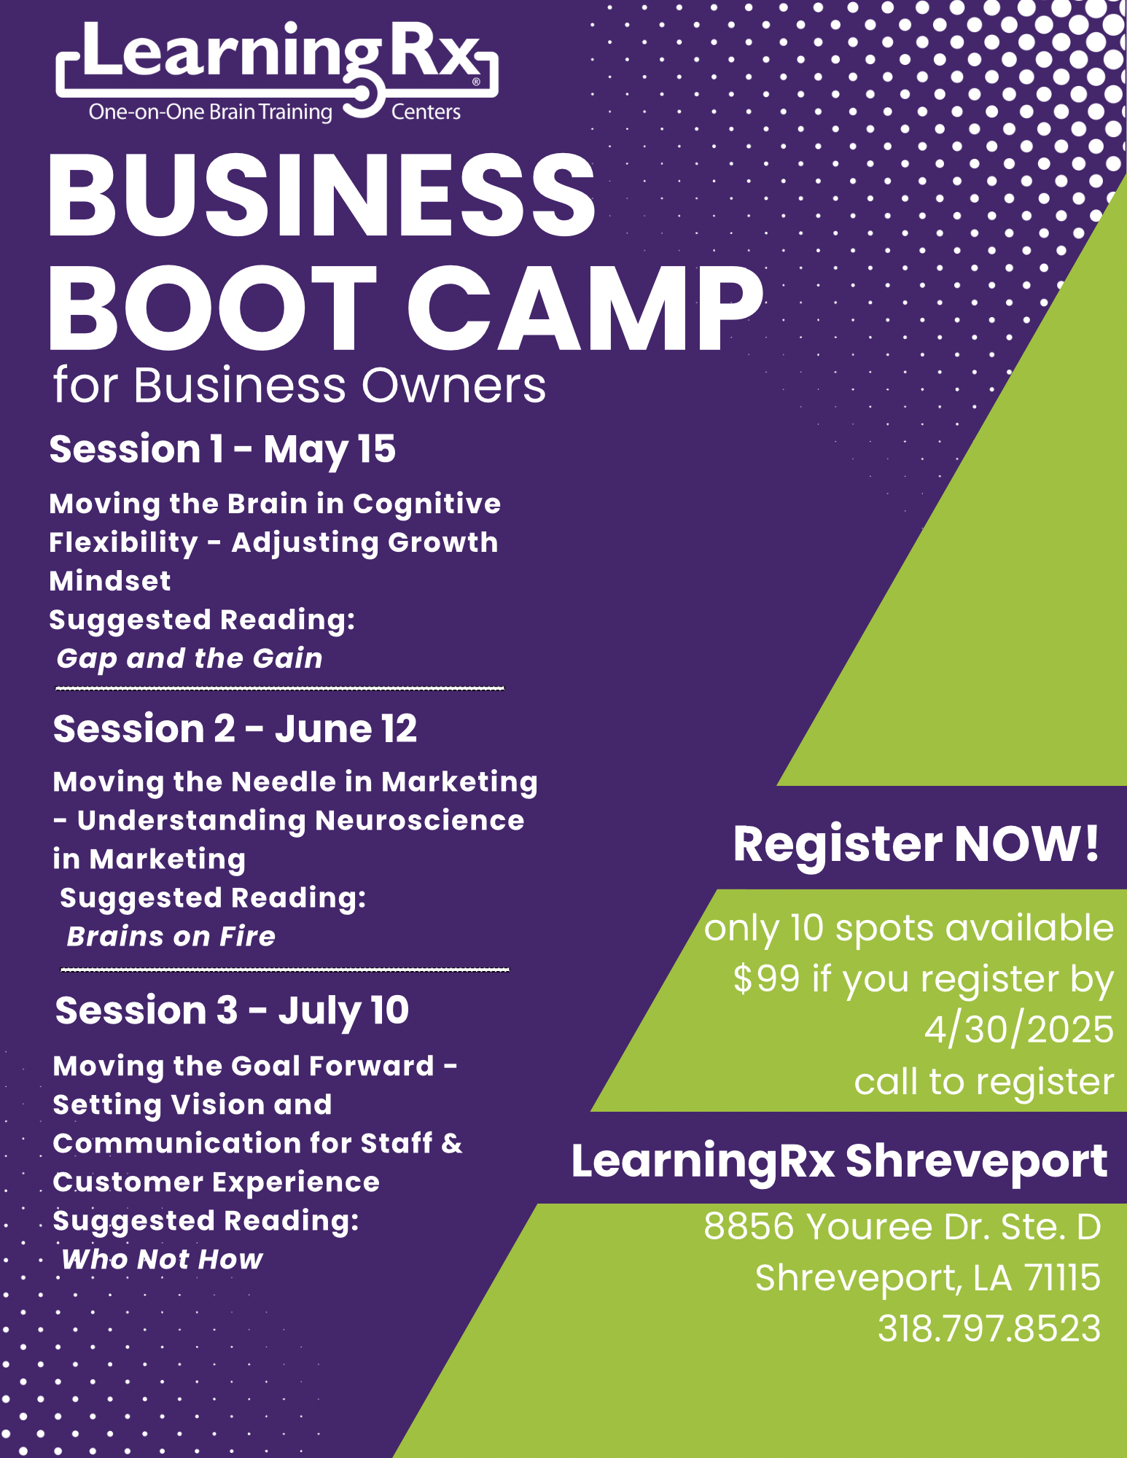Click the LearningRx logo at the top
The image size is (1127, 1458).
277,71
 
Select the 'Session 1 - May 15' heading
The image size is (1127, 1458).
222,449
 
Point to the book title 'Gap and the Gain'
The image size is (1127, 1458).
190,659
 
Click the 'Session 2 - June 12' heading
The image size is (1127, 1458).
235,728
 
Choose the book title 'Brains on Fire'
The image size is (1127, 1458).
171,937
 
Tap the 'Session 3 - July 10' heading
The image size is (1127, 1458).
232,1010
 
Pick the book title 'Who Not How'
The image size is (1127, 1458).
162,1260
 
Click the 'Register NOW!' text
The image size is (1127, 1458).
916,844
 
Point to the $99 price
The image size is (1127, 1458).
767,978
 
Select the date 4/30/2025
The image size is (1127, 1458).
1019,1029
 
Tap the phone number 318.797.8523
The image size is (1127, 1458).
989,1328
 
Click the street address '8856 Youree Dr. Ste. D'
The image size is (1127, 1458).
902,1226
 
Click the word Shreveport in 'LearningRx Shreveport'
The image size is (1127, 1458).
977,1162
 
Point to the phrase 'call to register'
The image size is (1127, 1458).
984,1082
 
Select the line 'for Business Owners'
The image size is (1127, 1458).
300,385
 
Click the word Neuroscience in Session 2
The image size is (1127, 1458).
420,821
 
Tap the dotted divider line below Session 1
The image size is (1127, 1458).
280,688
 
